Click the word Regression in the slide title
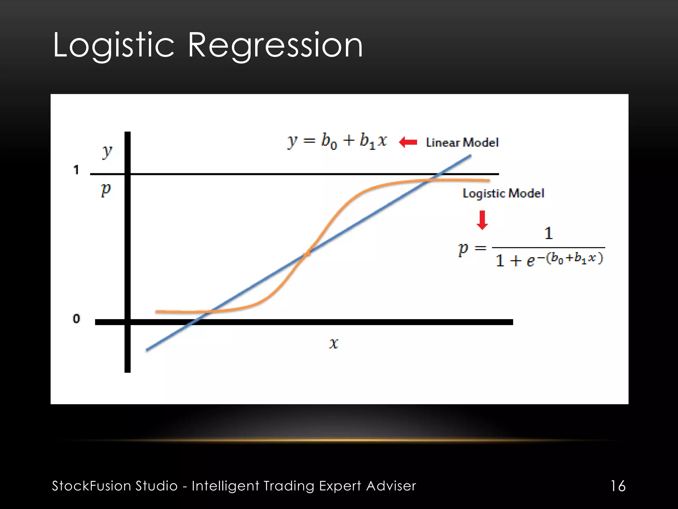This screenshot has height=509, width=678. (x=275, y=45)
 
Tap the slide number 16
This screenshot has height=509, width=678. (x=618, y=486)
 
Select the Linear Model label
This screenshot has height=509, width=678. (x=462, y=142)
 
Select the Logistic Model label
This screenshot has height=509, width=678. (x=503, y=193)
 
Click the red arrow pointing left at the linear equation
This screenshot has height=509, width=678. (x=408, y=142)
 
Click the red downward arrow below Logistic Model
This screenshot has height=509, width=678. (x=482, y=220)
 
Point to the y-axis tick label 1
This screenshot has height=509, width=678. (x=76, y=170)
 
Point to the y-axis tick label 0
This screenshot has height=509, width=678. (x=76, y=319)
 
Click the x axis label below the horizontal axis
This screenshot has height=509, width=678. (x=334, y=343)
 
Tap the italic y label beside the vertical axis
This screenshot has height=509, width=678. (x=107, y=152)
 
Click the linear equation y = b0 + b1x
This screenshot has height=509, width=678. (x=337, y=141)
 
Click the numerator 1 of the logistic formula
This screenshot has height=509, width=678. (x=549, y=233)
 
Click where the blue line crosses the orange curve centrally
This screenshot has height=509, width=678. (x=307, y=254)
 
